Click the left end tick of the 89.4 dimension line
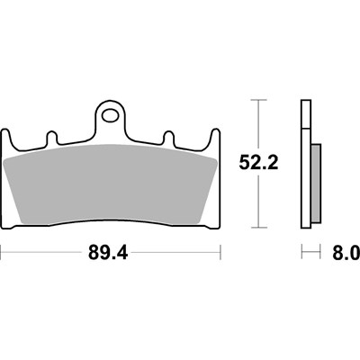[2, 254]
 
